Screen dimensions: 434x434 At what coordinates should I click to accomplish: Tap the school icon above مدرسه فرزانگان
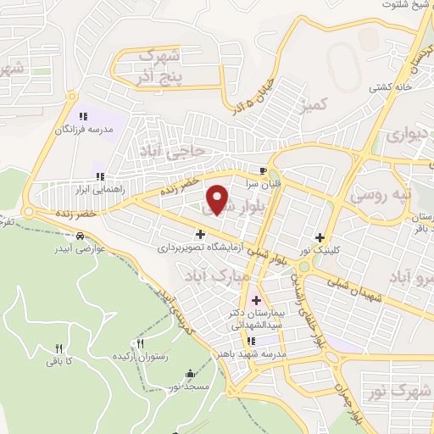pyautogui.click(x=83, y=116)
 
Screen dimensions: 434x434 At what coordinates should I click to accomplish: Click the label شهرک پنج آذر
pyautogui.click(x=162, y=69)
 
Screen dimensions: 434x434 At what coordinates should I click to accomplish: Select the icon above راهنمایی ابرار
pyautogui.click(x=100, y=176)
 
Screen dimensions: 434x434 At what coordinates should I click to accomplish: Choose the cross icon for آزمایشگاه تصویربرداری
pyautogui.click(x=200, y=234)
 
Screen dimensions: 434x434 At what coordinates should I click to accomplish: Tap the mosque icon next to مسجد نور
pyautogui.click(x=189, y=372)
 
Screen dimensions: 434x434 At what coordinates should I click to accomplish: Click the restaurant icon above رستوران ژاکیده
pyautogui.click(x=141, y=344)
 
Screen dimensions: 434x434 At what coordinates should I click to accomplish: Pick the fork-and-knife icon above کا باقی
pyautogui.click(x=58, y=348)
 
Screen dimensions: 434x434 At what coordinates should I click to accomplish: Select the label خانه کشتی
pyautogui.click(x=389, y=86)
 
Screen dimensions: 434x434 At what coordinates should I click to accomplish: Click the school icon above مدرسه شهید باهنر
pyautogui.click(x=273, y=341)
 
